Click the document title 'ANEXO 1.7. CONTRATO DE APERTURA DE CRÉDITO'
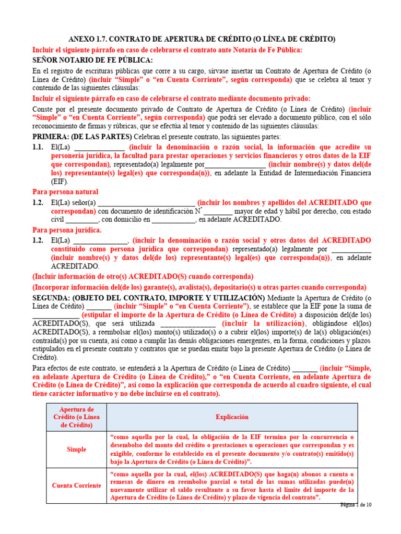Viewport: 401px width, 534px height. [x=202, y=39]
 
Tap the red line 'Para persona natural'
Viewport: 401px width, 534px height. [x=65, y=192]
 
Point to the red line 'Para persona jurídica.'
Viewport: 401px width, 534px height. [x=67, y=230]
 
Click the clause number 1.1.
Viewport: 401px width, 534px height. [x=38, y=148]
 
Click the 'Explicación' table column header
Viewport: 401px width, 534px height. [x=232, y=417]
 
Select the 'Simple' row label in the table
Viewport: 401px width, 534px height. [x=76, y=449]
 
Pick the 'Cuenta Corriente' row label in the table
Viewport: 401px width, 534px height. [x=76, y=486]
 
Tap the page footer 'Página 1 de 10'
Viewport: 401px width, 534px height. [x=356, y=504]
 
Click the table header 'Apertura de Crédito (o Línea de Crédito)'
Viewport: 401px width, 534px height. [x=76, y=417]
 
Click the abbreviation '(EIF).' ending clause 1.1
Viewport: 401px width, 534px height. [x=60, y=182]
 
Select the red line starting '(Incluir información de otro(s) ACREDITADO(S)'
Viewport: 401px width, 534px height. [x=143, y=276]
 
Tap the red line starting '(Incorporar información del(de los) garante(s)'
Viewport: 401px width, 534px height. [x=199, y=287]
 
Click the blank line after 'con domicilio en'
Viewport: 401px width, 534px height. [x=173, y=220]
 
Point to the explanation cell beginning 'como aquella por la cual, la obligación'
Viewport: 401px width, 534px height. [x=232, y=449]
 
